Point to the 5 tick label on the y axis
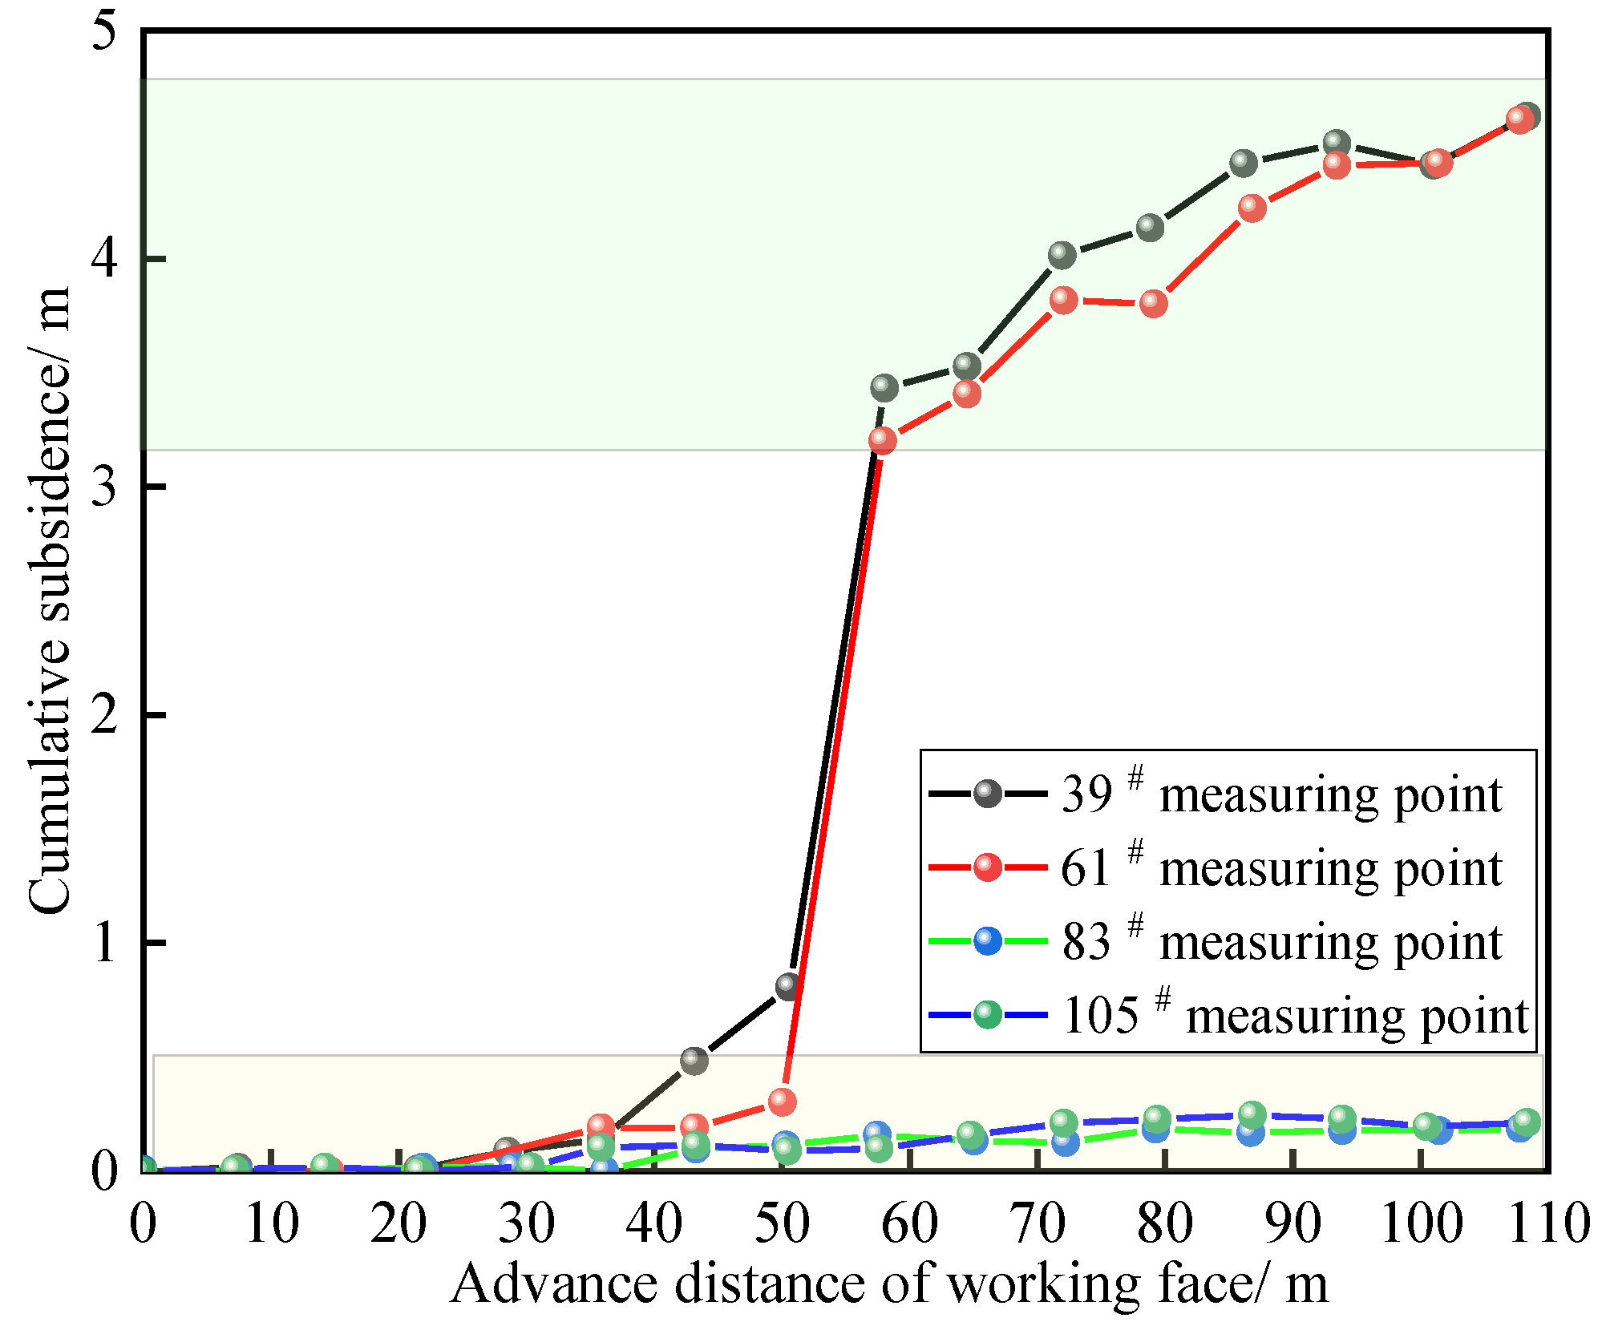(105, 32)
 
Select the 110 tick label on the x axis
(1548, 1223)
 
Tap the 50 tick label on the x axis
(782, 1223)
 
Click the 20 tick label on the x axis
(398, 1223)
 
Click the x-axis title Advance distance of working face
(888, 1284)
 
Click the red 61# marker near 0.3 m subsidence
(782, 1102)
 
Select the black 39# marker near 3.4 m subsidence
(884, 388)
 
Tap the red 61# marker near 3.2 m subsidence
(882, 440)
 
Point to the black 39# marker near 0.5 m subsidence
(694, 1061)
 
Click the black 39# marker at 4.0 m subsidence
(1062, 256)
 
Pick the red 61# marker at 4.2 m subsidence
(1252, 208)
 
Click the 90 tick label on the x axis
(1292, 1223)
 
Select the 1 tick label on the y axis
(105, 943)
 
